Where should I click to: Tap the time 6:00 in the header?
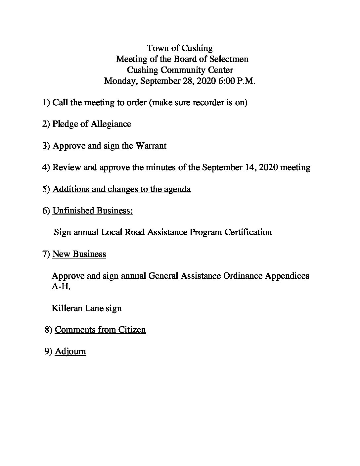[x=226, y=81]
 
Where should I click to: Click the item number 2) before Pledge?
[x=46, y=124]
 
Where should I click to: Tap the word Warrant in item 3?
[x=151, y=146]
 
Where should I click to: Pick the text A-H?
[x=61, y=286]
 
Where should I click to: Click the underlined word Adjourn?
[x=70, y=351]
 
